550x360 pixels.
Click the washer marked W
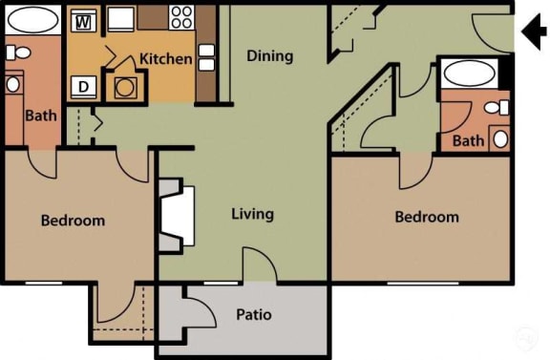(x=83, y=20)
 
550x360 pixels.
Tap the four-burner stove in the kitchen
(x=181, y=16)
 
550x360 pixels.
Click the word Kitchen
(x=165, y=59)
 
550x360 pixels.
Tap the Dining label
(x=269, y=55)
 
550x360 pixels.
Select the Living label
(x=252, y=214)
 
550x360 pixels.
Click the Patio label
(x=256, y=314)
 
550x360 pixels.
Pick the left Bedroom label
(x=73, y=221)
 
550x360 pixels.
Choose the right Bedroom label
(x=427, y=217)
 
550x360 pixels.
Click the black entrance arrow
(x=531, y=34)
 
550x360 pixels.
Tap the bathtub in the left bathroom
(x=32, y=20)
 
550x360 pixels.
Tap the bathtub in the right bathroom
(x=469, y=73)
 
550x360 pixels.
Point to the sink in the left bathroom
(x=13, y=84)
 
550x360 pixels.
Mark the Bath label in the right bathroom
(x=468, y=141)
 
